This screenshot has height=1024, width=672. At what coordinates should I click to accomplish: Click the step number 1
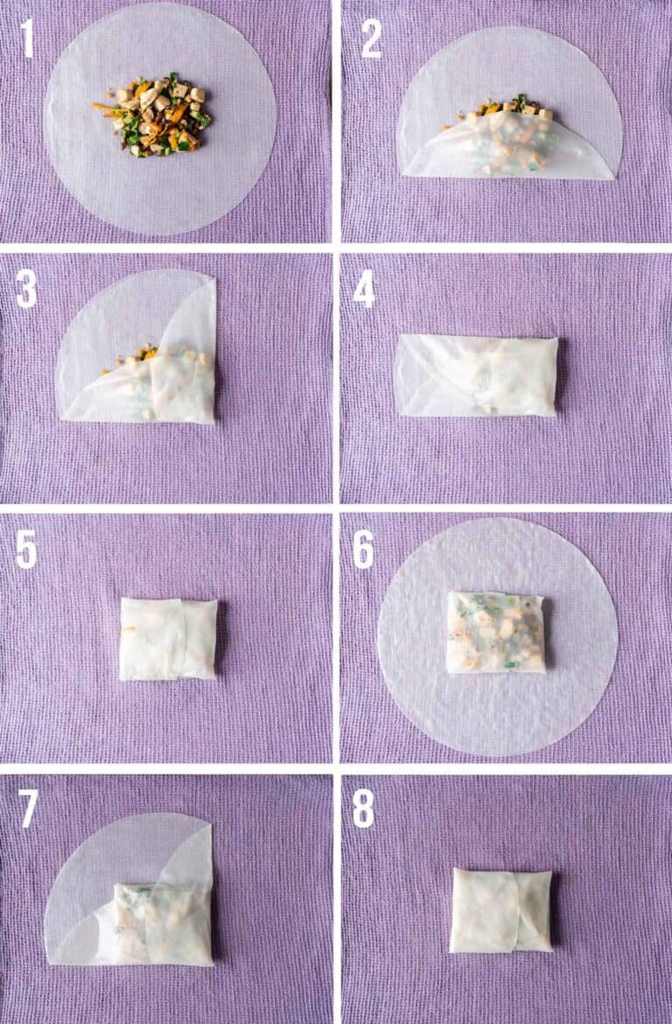(x=27, y=38)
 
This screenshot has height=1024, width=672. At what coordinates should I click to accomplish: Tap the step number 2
(x=371, y=38)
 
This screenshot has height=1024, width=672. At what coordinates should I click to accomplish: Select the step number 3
(x=26, y=289)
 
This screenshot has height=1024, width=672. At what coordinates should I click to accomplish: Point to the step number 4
(x=363, y=289)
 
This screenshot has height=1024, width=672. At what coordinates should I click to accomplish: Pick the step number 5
(x=26, y=549)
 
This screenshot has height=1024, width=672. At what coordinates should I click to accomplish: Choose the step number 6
(x=363, y=549)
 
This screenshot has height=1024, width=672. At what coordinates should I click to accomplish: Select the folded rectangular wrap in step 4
(x=477, y=375)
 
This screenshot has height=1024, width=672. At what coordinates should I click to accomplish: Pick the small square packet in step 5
(x=168, y=639)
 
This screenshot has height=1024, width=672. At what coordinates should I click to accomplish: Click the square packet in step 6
(x=495, y=632)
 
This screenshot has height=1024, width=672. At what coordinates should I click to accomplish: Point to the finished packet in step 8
(x=500, y=910)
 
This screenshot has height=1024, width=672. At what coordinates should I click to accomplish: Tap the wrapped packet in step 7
(x=162, y=923)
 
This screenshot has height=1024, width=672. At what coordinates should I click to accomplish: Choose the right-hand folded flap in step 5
(x=198, y=638)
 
